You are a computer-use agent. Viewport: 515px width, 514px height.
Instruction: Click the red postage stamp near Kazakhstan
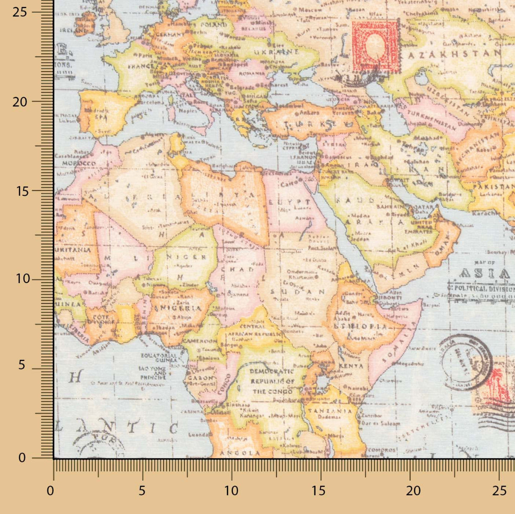[375, 45]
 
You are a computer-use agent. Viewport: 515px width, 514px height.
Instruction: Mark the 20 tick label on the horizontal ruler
[414, 491]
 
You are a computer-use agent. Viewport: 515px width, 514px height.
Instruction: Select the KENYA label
[351, 366]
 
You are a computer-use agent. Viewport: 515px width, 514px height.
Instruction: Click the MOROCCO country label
[78, 163]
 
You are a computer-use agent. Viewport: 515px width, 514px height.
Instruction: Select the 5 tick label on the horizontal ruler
[142, 491]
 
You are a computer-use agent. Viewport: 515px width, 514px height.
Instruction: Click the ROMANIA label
[247, 74]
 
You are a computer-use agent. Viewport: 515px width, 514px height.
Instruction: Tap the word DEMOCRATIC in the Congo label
[272, 371]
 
